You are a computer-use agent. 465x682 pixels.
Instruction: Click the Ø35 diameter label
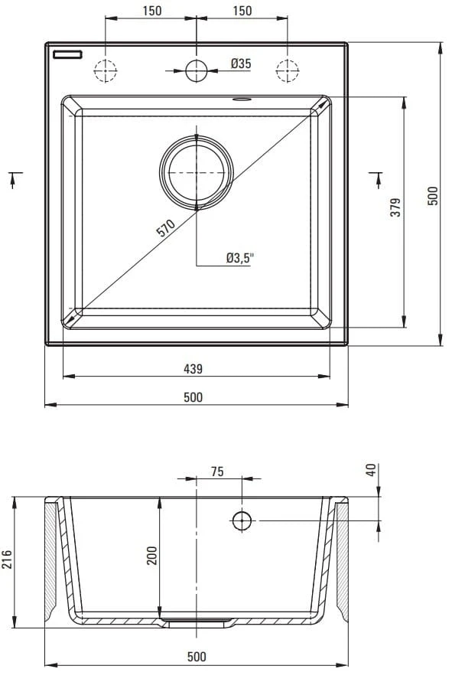pos(241,64)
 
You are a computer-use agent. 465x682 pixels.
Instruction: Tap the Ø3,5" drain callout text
pos(240,258)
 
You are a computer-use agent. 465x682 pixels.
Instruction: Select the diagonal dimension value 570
pos(165,228)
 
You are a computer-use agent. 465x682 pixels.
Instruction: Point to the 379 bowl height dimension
pos(395,207)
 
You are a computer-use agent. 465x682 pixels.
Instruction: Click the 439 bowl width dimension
pos(193,369)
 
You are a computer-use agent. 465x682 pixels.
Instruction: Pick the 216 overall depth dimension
pos(7,560)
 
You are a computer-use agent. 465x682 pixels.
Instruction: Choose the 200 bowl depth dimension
pos(151,556)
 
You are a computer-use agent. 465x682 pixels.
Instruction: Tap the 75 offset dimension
pos(217,472)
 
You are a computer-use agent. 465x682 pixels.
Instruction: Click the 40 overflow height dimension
pos(371,470)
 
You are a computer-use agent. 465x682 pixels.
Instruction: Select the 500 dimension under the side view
pos(197,656)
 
